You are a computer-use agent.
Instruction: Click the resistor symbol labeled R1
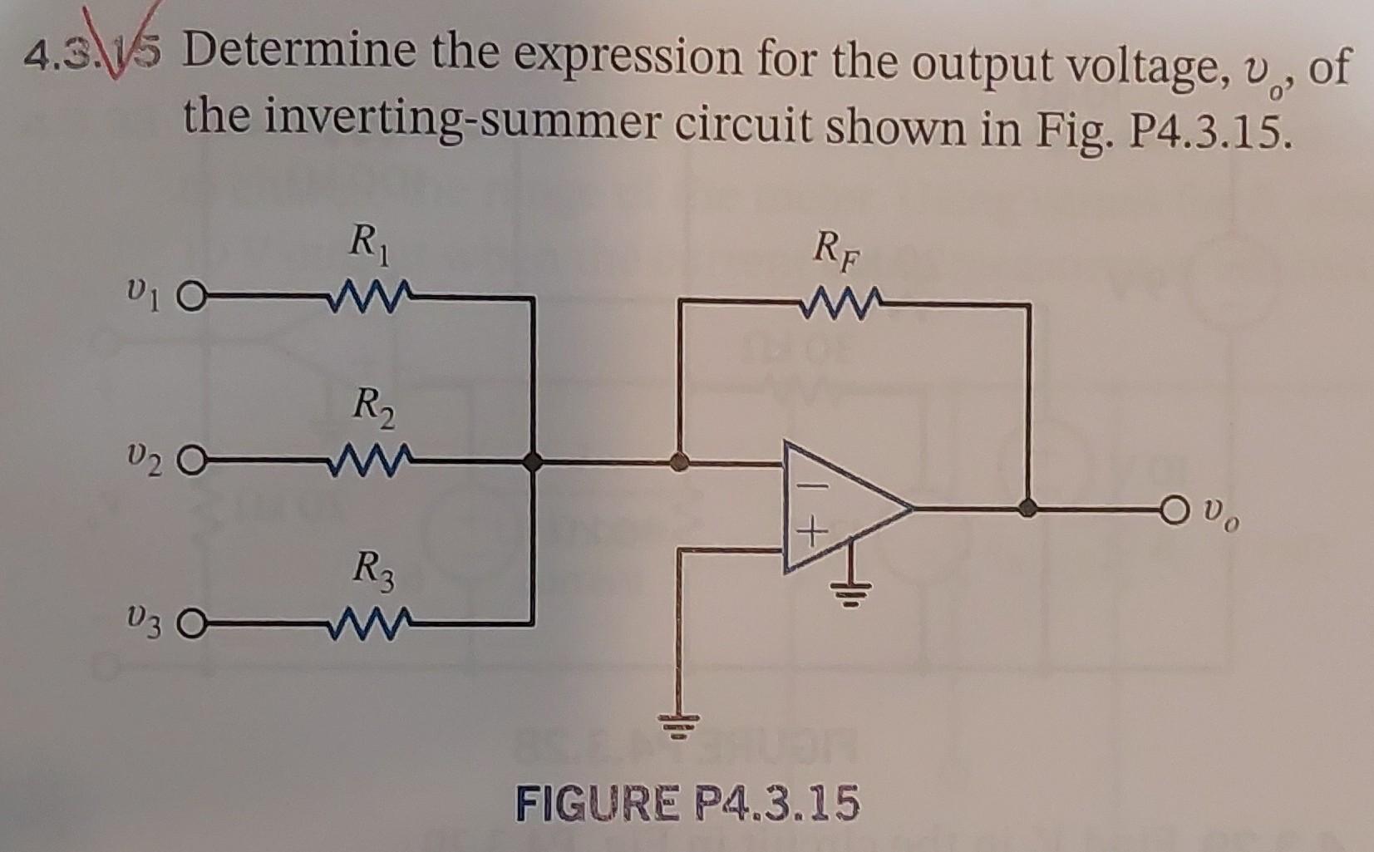point(367,296)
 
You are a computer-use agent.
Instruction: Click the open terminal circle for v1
point(190,297)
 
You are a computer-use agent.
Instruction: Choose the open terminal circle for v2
point(190,460)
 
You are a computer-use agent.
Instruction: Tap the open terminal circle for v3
point(190,622)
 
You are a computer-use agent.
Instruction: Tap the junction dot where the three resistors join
point(533,460)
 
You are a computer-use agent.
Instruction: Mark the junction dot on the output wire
point(1029,507)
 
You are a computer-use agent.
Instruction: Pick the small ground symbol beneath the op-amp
point(849,592)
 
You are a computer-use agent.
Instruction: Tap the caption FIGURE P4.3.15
point(687,804)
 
